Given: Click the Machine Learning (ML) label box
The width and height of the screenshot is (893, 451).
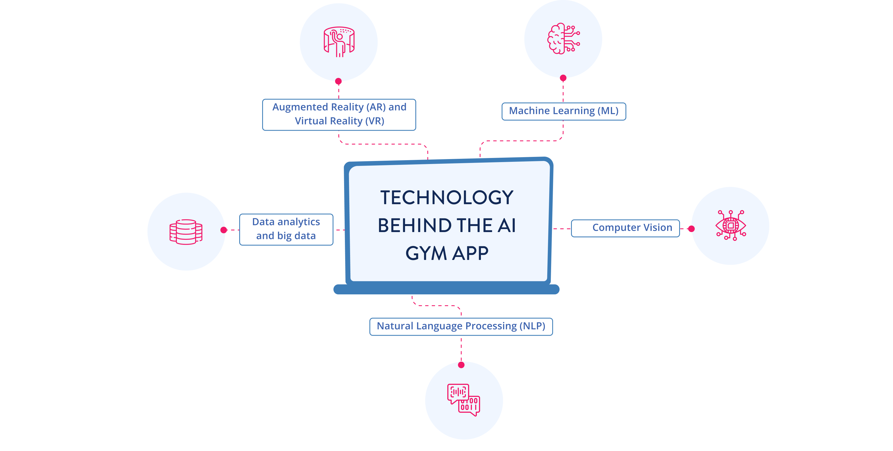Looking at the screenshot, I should point(564,111).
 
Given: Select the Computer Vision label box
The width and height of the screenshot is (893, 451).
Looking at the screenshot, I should point(625,228).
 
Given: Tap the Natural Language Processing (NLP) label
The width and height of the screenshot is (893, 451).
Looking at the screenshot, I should point(461,326).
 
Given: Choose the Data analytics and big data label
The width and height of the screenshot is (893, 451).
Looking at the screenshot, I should point(286,229).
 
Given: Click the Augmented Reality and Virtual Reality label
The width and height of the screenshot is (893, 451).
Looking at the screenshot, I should point(339,115).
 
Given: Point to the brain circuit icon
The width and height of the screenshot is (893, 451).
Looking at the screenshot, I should point(563,39).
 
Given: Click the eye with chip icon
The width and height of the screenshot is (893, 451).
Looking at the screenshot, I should point(731,225).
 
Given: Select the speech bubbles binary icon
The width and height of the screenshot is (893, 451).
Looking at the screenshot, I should point(463,400).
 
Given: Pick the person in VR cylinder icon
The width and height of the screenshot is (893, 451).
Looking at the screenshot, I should point(339,42).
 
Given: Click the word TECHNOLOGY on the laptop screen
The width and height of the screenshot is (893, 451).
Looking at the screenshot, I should point(447,198).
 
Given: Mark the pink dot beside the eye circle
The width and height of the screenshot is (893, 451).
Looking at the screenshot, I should point(691,229).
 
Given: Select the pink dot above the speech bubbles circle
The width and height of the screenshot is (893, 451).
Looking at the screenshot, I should point(461,365).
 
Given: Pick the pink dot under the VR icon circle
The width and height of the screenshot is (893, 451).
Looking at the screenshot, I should point(338,81).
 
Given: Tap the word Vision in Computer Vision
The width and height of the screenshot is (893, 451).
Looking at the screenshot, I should point(658,228).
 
